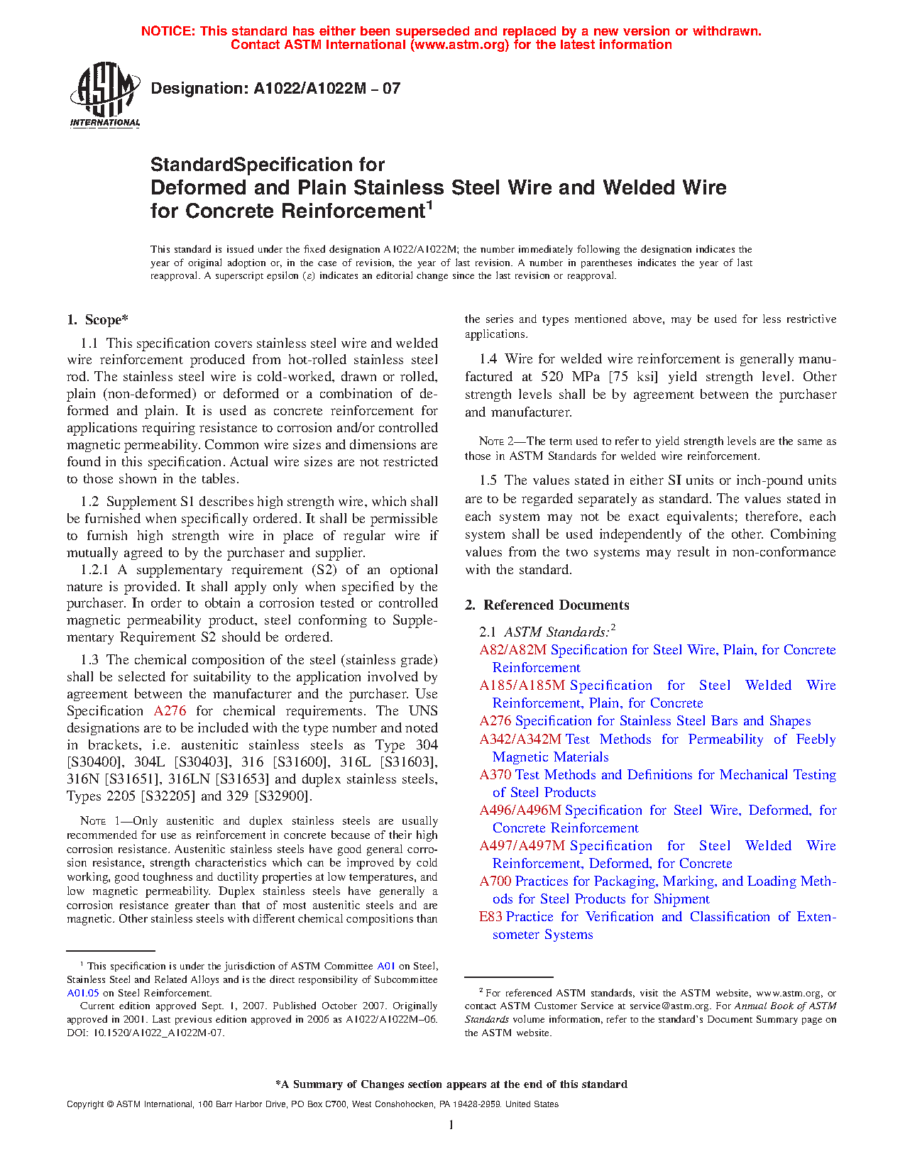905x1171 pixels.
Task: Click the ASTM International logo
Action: click(105, 94)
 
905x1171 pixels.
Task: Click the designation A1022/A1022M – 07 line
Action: click(275, 89)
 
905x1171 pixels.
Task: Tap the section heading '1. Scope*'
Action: click(98, 320)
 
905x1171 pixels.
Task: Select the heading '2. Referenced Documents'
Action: click(547, 605)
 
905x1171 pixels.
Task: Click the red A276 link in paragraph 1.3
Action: click(170, 711)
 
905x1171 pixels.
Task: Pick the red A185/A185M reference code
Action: click(522, 686)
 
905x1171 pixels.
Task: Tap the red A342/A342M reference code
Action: click(520, 740)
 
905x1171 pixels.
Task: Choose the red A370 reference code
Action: click(495, 775)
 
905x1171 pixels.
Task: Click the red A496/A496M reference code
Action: click(520, 810)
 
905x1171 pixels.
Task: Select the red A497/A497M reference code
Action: click(522, 846)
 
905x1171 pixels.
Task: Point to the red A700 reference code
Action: click(495, 881)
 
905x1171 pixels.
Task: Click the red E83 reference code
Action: click(490, 917)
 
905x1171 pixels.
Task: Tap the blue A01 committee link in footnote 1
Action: click(385, 966)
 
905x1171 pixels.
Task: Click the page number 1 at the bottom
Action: click(451, 1124)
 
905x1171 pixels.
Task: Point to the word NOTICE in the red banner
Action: click(168, 31)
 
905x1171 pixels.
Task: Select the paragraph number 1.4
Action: click(488, 359)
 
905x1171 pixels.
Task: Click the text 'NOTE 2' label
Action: click(492, 441)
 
